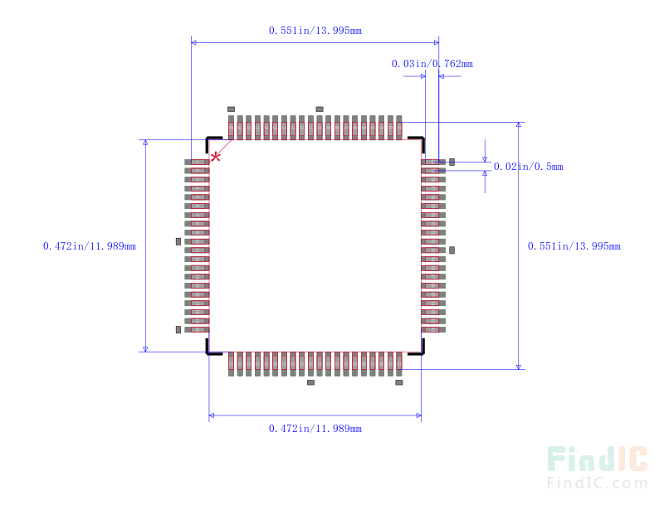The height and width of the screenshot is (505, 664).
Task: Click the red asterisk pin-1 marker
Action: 215,157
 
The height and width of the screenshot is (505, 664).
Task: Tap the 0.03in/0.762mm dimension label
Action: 432,64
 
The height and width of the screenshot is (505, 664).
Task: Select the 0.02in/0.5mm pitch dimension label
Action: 529,167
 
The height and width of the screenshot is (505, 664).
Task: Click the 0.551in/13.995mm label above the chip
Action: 315,31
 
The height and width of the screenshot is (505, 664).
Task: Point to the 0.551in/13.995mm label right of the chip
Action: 574,246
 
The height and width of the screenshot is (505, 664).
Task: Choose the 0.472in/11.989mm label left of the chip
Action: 90,246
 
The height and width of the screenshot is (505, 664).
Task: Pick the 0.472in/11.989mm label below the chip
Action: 315,429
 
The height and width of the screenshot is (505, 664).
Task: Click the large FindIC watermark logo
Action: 597,459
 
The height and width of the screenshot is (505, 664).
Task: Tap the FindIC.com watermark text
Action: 597,483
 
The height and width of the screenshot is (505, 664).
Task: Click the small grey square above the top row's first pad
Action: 231,109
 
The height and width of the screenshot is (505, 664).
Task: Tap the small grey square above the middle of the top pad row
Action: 320,109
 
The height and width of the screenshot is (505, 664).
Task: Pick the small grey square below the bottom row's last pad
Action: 399,382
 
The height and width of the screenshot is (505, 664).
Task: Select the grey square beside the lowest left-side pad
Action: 178,329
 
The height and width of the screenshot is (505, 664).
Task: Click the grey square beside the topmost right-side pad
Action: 452,162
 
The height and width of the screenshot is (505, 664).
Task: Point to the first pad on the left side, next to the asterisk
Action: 197,162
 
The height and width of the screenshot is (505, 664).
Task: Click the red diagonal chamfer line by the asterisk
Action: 221,150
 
